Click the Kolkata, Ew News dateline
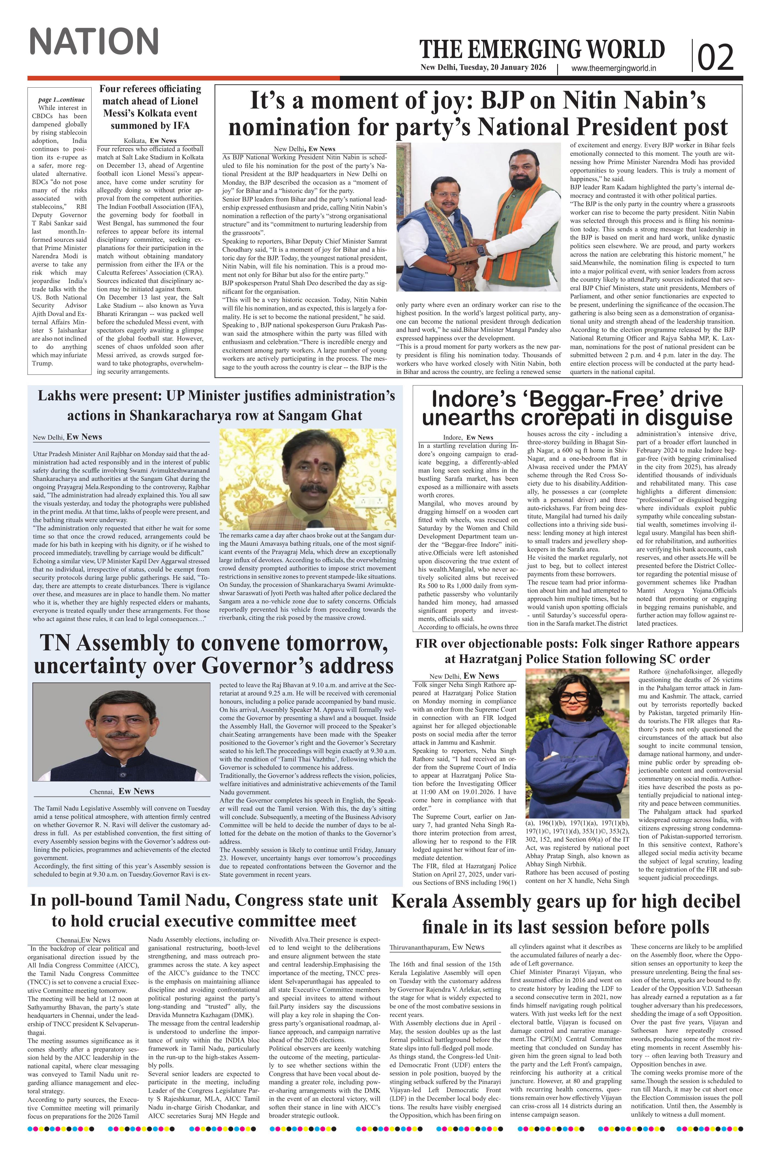point(150,140)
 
